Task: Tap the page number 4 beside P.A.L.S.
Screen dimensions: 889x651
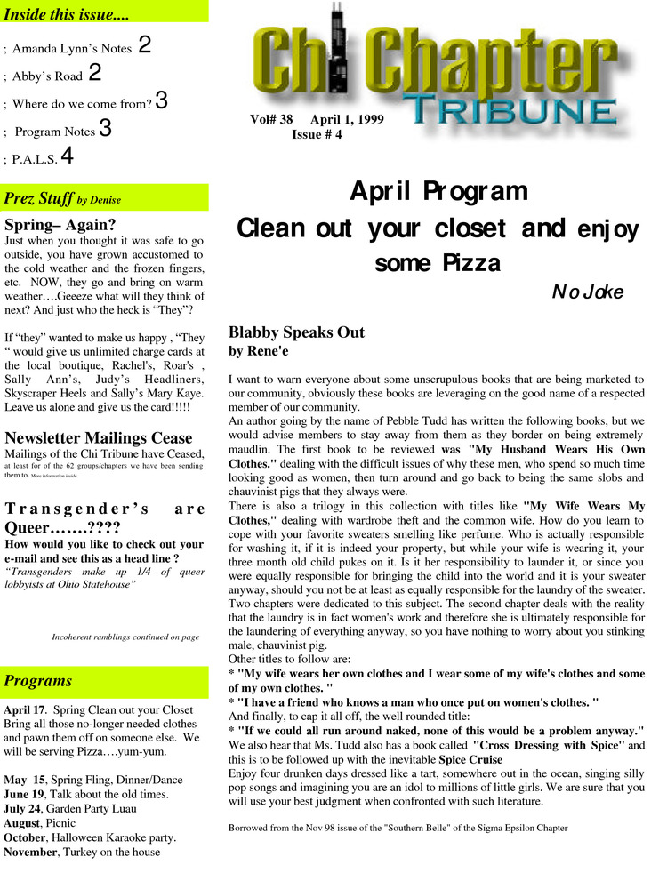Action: pos(67,157)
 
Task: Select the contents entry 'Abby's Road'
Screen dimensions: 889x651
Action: pos(46,76)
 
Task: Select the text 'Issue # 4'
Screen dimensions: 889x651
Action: pos(317,135)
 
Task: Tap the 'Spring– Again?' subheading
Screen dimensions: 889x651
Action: pos(60,224)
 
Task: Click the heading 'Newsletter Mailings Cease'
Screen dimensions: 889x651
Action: pos(98,437)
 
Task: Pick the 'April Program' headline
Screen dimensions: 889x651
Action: pos(438,191)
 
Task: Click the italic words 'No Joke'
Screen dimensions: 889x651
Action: pos(588,292)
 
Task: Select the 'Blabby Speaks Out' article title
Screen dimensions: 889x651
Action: pos(296,332)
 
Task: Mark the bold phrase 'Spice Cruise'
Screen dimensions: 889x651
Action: pos(476,761)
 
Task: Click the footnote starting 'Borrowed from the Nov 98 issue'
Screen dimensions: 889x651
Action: pos(398,828)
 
